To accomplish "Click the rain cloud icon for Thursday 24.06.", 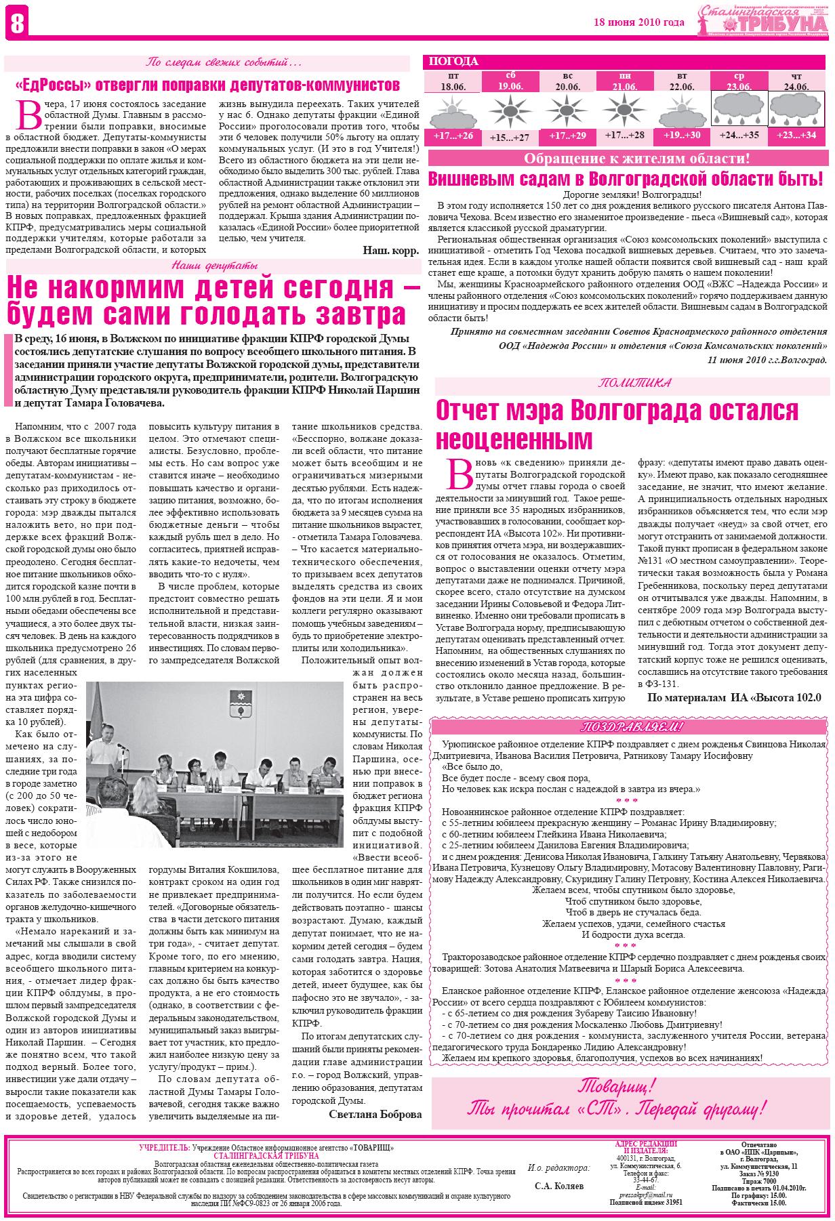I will click(796, 108).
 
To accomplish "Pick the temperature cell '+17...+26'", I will click(453, 137).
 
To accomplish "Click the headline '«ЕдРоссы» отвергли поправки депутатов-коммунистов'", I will click(207, 86).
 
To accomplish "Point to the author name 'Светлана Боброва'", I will click(375, 1114).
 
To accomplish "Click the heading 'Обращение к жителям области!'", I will click(637, 160).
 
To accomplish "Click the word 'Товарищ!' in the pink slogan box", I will click(617, 1085).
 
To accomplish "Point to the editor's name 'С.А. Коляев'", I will click(558, 1186).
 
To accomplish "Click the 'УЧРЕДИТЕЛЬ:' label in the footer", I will click(164, 1147).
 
